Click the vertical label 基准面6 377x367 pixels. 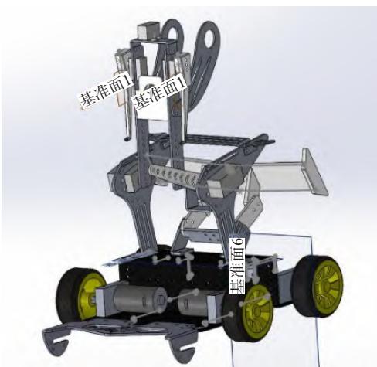pos(237,267)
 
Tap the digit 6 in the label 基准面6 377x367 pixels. pos(237,242)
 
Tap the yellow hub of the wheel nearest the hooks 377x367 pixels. pos(89,296)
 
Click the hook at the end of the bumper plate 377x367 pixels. pos(56,342)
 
